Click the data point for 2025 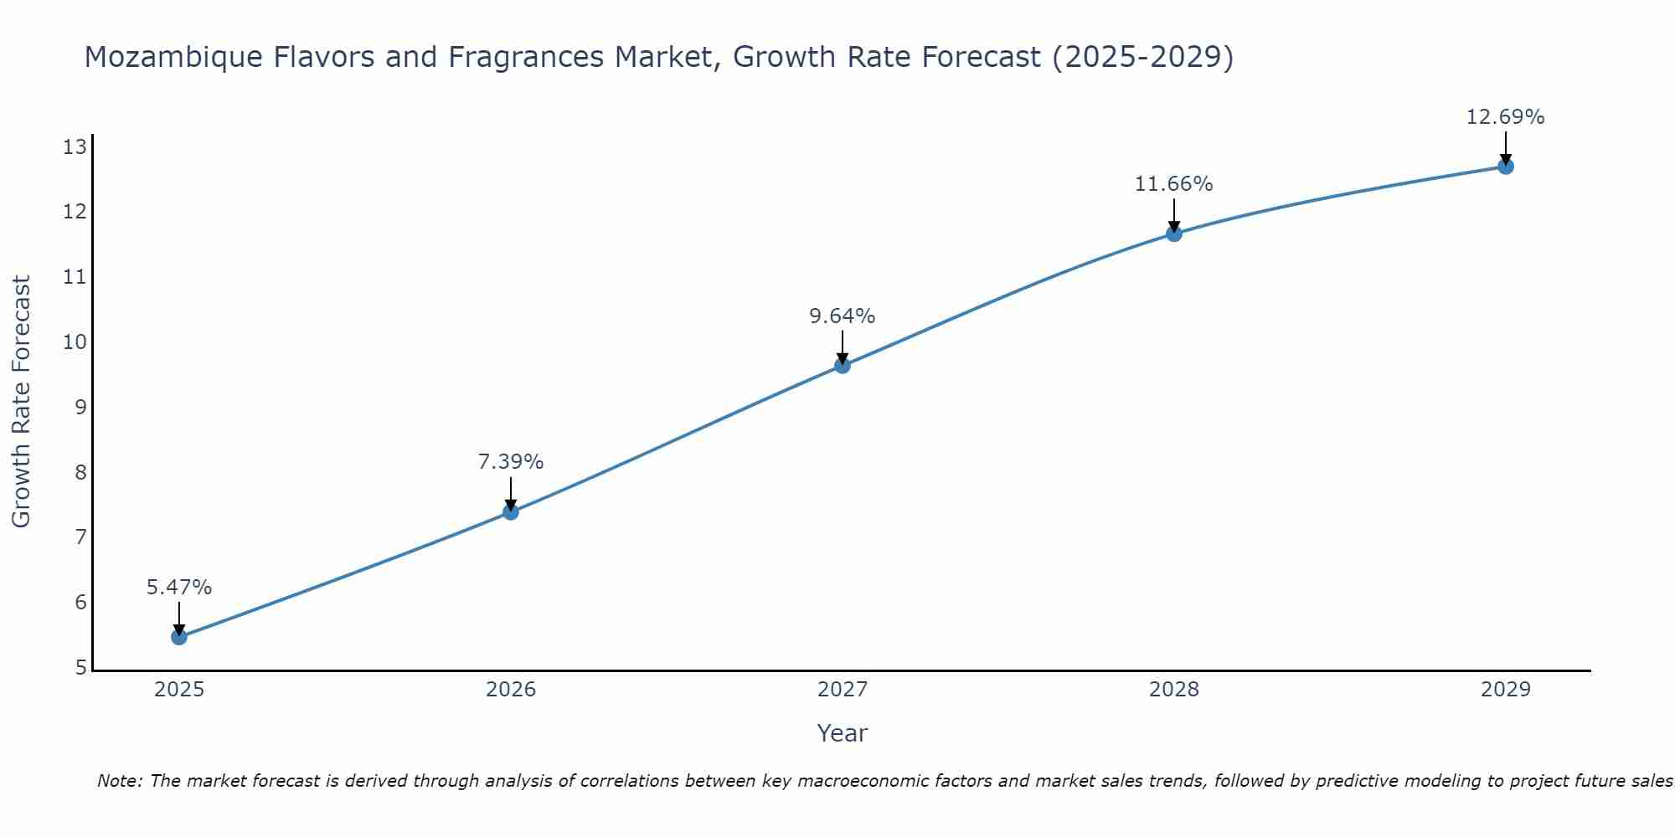179,637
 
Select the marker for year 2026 511,511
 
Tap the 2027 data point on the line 843,365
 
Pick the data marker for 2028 1174,234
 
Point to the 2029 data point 1506,167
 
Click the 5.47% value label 179,588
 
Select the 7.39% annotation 511,462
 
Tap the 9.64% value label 843,316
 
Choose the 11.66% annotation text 1174,184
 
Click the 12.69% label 1506,117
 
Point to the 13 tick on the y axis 75,148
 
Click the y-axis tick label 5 80,668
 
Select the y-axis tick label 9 80,408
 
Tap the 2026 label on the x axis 511,690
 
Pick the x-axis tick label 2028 1174,690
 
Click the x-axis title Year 843,733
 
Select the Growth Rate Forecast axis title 22,402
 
